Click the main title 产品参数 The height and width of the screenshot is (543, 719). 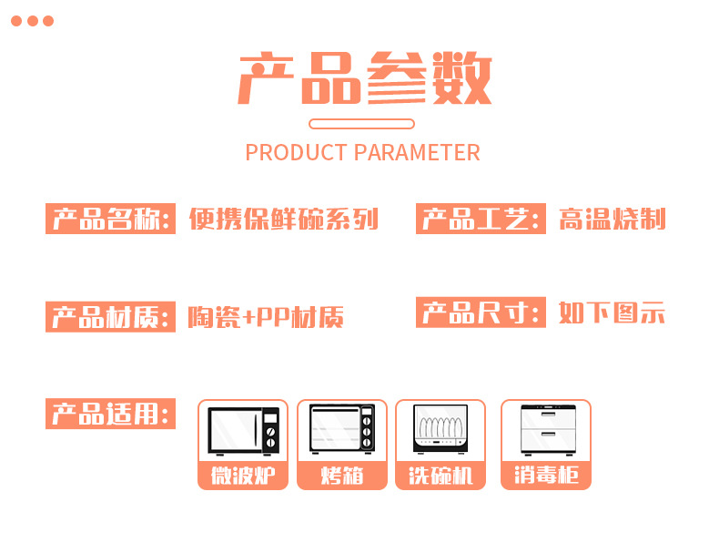click(x=364, y=79)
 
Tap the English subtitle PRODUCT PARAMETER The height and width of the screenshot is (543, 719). click(x=362, y=152)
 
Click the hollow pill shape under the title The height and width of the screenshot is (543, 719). click(x=361, y=124)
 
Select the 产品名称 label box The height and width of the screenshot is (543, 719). click(x=110, y=220)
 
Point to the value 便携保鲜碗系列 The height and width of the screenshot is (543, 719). click(x=283, y=220)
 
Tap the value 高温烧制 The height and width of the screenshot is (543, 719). click(x=612, y=220)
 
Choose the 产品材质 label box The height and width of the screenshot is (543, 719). click(x=110, y=317)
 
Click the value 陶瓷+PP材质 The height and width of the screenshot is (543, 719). click(x=266, y=317)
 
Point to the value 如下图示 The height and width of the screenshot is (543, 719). click(x=612, y=313)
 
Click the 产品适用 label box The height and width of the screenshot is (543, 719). click(x=110, y=415)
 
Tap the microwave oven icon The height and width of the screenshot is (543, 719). click(x=243, y=430)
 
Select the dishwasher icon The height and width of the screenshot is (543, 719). click(x=441, y=428)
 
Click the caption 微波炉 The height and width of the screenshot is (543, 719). click(x=243, y=476)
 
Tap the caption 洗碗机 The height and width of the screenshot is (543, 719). click(x=441, y=476)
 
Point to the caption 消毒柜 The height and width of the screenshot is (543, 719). click(x=545, y=476)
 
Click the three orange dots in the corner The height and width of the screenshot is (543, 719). click(x=33, y=21)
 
